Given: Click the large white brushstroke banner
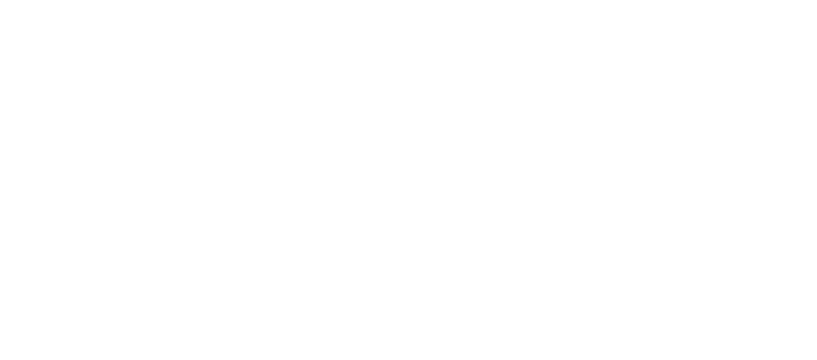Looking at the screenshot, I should (x=408, y=182).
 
